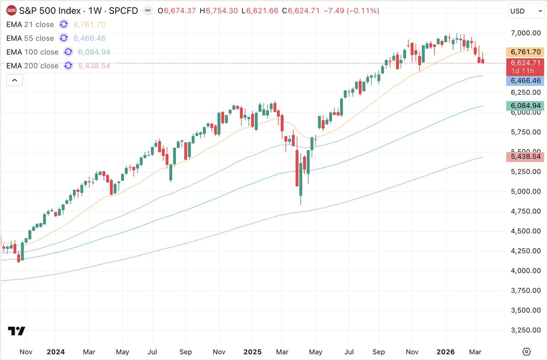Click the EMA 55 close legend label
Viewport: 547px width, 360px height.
[30, 38]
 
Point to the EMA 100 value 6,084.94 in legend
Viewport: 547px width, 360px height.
[94, 52]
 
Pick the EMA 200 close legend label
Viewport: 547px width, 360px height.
[32, 66]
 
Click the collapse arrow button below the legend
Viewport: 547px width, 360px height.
[15, 80]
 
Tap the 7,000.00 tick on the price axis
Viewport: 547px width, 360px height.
[526, 33]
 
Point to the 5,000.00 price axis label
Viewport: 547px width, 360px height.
[526, 191]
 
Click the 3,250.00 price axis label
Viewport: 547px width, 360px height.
[526, 330]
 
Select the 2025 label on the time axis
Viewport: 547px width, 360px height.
[252, 352]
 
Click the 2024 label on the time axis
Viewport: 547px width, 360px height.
[55, 352]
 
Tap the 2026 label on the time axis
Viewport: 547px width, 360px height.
[445, 352]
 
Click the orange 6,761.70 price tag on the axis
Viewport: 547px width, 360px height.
[526, 52]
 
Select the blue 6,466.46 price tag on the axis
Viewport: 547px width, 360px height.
[526, 81]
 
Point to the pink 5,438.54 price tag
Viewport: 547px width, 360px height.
[526, 157]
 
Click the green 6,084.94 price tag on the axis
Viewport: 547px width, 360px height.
[526, 106]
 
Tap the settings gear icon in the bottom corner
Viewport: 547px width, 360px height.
[527, 352]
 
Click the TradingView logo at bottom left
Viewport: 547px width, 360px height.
[16, 331]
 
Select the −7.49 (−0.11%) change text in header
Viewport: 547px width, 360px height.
[351, 10]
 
